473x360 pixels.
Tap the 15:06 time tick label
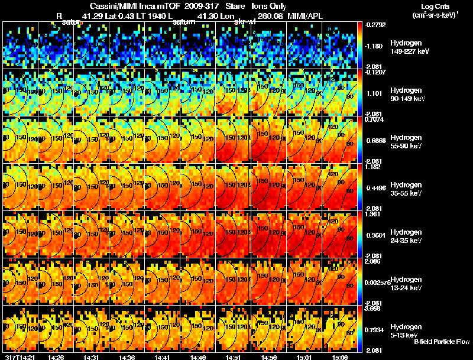pos(338,357)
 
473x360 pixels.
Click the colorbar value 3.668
pos(373,309)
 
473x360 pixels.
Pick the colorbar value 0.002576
pos(378,286)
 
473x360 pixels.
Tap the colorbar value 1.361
pos(373,215)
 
